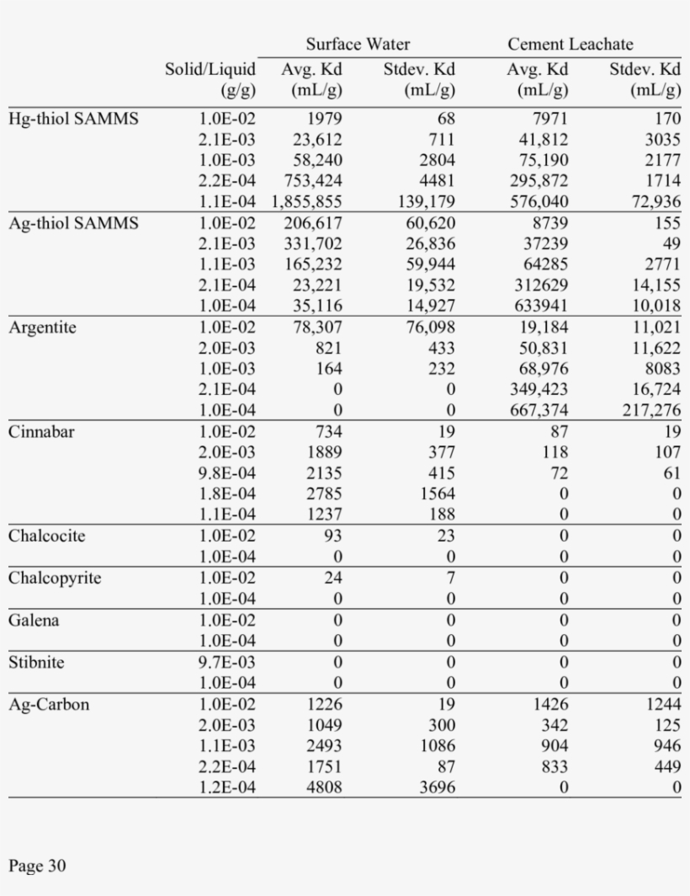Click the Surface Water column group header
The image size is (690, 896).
[358, 45]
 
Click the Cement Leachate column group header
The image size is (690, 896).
[570, 45]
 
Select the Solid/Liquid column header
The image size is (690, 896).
[210, 79]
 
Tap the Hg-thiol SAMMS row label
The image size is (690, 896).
[73, 119]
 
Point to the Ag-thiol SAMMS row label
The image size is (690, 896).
[73, 223]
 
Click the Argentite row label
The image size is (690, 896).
[42, 328]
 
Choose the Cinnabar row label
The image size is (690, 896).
[41, 432]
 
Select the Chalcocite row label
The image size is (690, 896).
[47, 536]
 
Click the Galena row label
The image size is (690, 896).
[35, 621]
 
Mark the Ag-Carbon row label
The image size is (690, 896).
[49, 705]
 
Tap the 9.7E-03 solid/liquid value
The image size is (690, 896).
[227, 663]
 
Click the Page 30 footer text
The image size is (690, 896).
[37, 866]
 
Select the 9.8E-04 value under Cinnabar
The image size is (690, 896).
[227, 474]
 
